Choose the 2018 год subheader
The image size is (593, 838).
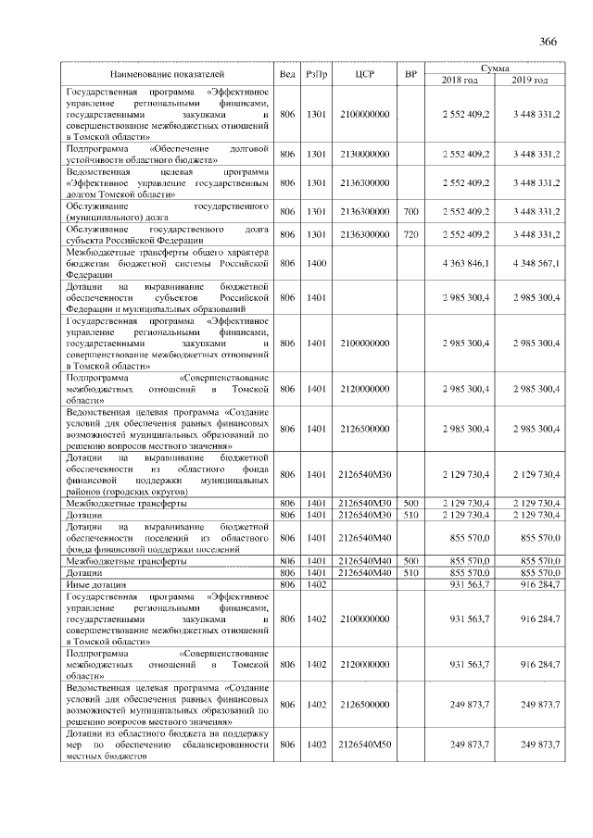tap(461, 81)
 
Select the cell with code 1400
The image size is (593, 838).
tap(316, 264)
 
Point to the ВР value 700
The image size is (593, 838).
tap(411, 212)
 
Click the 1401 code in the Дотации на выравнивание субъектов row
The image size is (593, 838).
tap(316, 299)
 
